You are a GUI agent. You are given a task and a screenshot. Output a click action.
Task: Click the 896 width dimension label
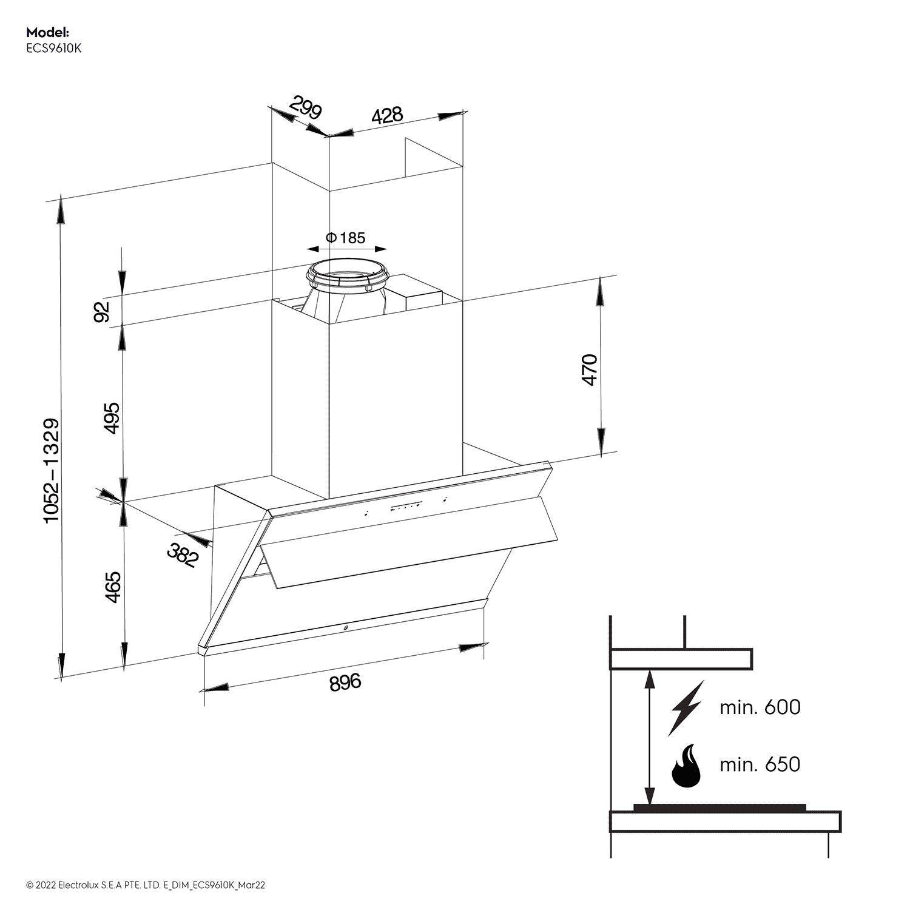click(x=345, y=682)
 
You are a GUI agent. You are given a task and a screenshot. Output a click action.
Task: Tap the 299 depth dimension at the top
click(x=305, y=108)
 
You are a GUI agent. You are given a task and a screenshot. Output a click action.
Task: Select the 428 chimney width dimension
click(x=387, y=115)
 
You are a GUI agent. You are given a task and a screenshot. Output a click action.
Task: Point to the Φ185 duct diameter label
click(x=346, y=237)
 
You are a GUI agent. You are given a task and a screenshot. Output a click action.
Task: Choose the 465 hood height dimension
click(x=113, y=587)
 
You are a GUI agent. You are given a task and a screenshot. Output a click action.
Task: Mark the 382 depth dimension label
click(x=183, y=555)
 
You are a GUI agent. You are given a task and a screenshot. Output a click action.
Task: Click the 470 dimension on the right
click(x=590, y=369)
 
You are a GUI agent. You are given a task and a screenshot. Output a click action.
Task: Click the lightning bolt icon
click(x=686, y=708)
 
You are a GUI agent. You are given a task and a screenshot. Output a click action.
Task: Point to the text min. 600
click(x=760, y=707)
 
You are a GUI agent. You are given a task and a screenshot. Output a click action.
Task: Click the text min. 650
click(x=760, y=764)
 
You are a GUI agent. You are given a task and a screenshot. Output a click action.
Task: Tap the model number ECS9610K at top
click(x=54, y=49)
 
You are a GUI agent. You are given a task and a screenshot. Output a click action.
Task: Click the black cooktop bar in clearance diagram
click(x=720, y=807)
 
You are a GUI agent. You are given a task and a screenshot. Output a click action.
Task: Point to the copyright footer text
click(x=146, y=885)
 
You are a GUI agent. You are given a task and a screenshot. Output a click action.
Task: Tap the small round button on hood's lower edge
click(x=345, y=629)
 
